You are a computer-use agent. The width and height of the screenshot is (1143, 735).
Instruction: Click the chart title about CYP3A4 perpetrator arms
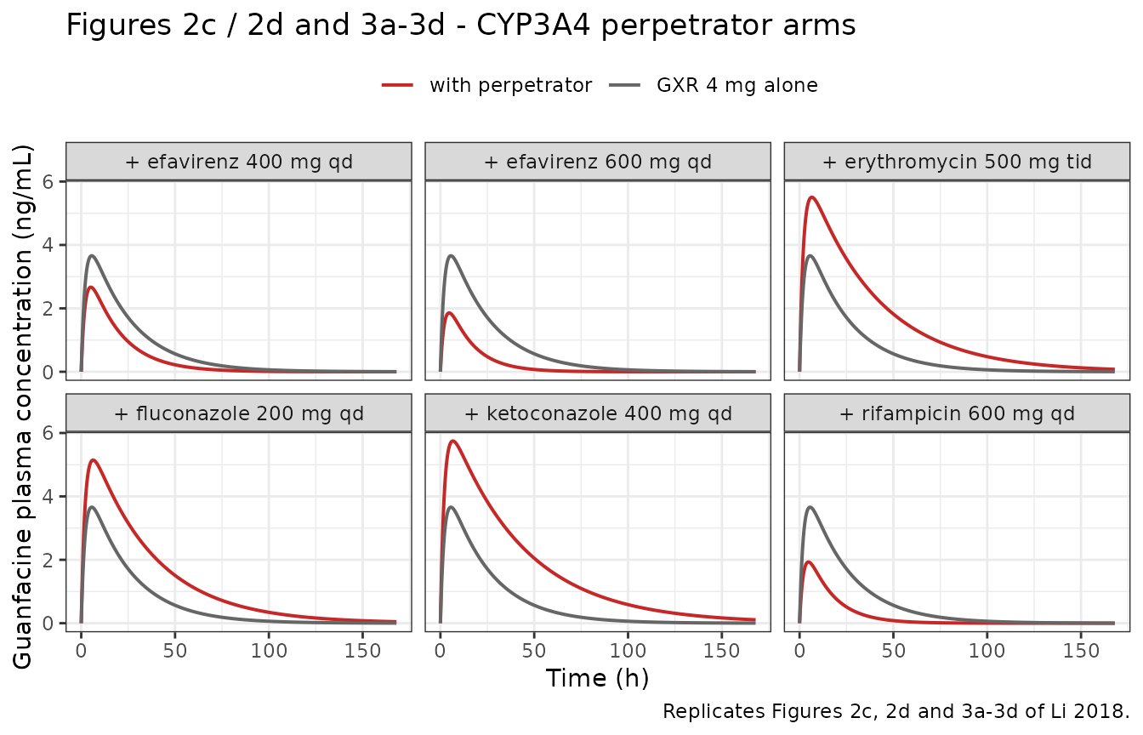coord(461,26)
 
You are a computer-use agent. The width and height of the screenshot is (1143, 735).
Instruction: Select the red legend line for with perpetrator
coord(397,85)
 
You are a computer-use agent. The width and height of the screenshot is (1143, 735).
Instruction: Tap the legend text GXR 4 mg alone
coord(736,85)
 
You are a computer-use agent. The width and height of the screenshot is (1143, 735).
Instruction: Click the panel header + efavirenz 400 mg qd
coord(239,162)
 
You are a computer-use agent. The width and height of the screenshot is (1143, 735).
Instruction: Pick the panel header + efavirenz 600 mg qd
coord(598,162)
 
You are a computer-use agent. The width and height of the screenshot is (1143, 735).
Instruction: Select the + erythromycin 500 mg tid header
coord(957,162)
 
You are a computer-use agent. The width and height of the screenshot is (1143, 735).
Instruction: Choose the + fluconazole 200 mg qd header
coord(239,413)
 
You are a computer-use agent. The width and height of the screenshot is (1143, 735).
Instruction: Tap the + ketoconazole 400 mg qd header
coord(598,413)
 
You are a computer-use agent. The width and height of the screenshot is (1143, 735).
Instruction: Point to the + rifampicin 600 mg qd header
coord(957,413)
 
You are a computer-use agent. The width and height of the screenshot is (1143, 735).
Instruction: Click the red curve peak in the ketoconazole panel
coord(452,441)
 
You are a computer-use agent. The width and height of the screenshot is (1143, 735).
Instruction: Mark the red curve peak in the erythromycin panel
coord(811,197)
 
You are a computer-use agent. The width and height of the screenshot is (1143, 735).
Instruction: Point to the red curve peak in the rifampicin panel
coord(808,562)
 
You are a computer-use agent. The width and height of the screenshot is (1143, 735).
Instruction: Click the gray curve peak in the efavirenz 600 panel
coord(451,256)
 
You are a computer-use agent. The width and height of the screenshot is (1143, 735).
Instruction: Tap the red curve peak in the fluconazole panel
coord(93,460)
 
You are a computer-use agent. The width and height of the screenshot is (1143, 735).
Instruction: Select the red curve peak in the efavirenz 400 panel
coord(91,288)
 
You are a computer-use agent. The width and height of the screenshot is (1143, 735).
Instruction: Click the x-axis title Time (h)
coord(598,678)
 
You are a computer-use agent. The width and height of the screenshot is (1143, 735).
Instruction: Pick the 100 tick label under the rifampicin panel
coord(987,651)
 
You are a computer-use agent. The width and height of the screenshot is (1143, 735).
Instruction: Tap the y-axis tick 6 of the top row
coord(48,182)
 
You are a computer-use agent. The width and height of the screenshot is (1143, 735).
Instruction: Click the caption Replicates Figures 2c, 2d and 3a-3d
coord(896,711)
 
